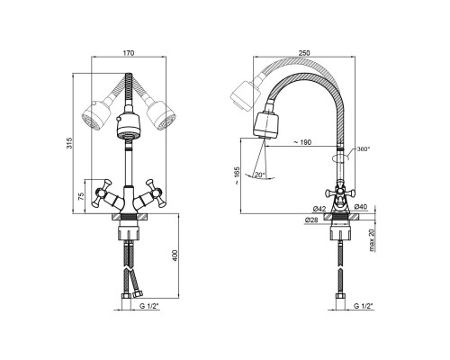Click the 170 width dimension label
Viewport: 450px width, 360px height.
129,53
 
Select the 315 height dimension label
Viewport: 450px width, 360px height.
69,143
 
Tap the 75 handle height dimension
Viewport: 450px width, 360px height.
81,196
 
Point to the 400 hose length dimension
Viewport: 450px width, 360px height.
175,256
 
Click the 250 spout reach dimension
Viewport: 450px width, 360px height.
304,53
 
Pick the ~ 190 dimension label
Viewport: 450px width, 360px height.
302,142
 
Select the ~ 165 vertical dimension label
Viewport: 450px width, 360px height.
238,175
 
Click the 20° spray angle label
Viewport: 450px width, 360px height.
259,175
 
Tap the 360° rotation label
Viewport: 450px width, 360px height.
364,149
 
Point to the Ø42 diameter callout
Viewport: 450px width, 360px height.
319,209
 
